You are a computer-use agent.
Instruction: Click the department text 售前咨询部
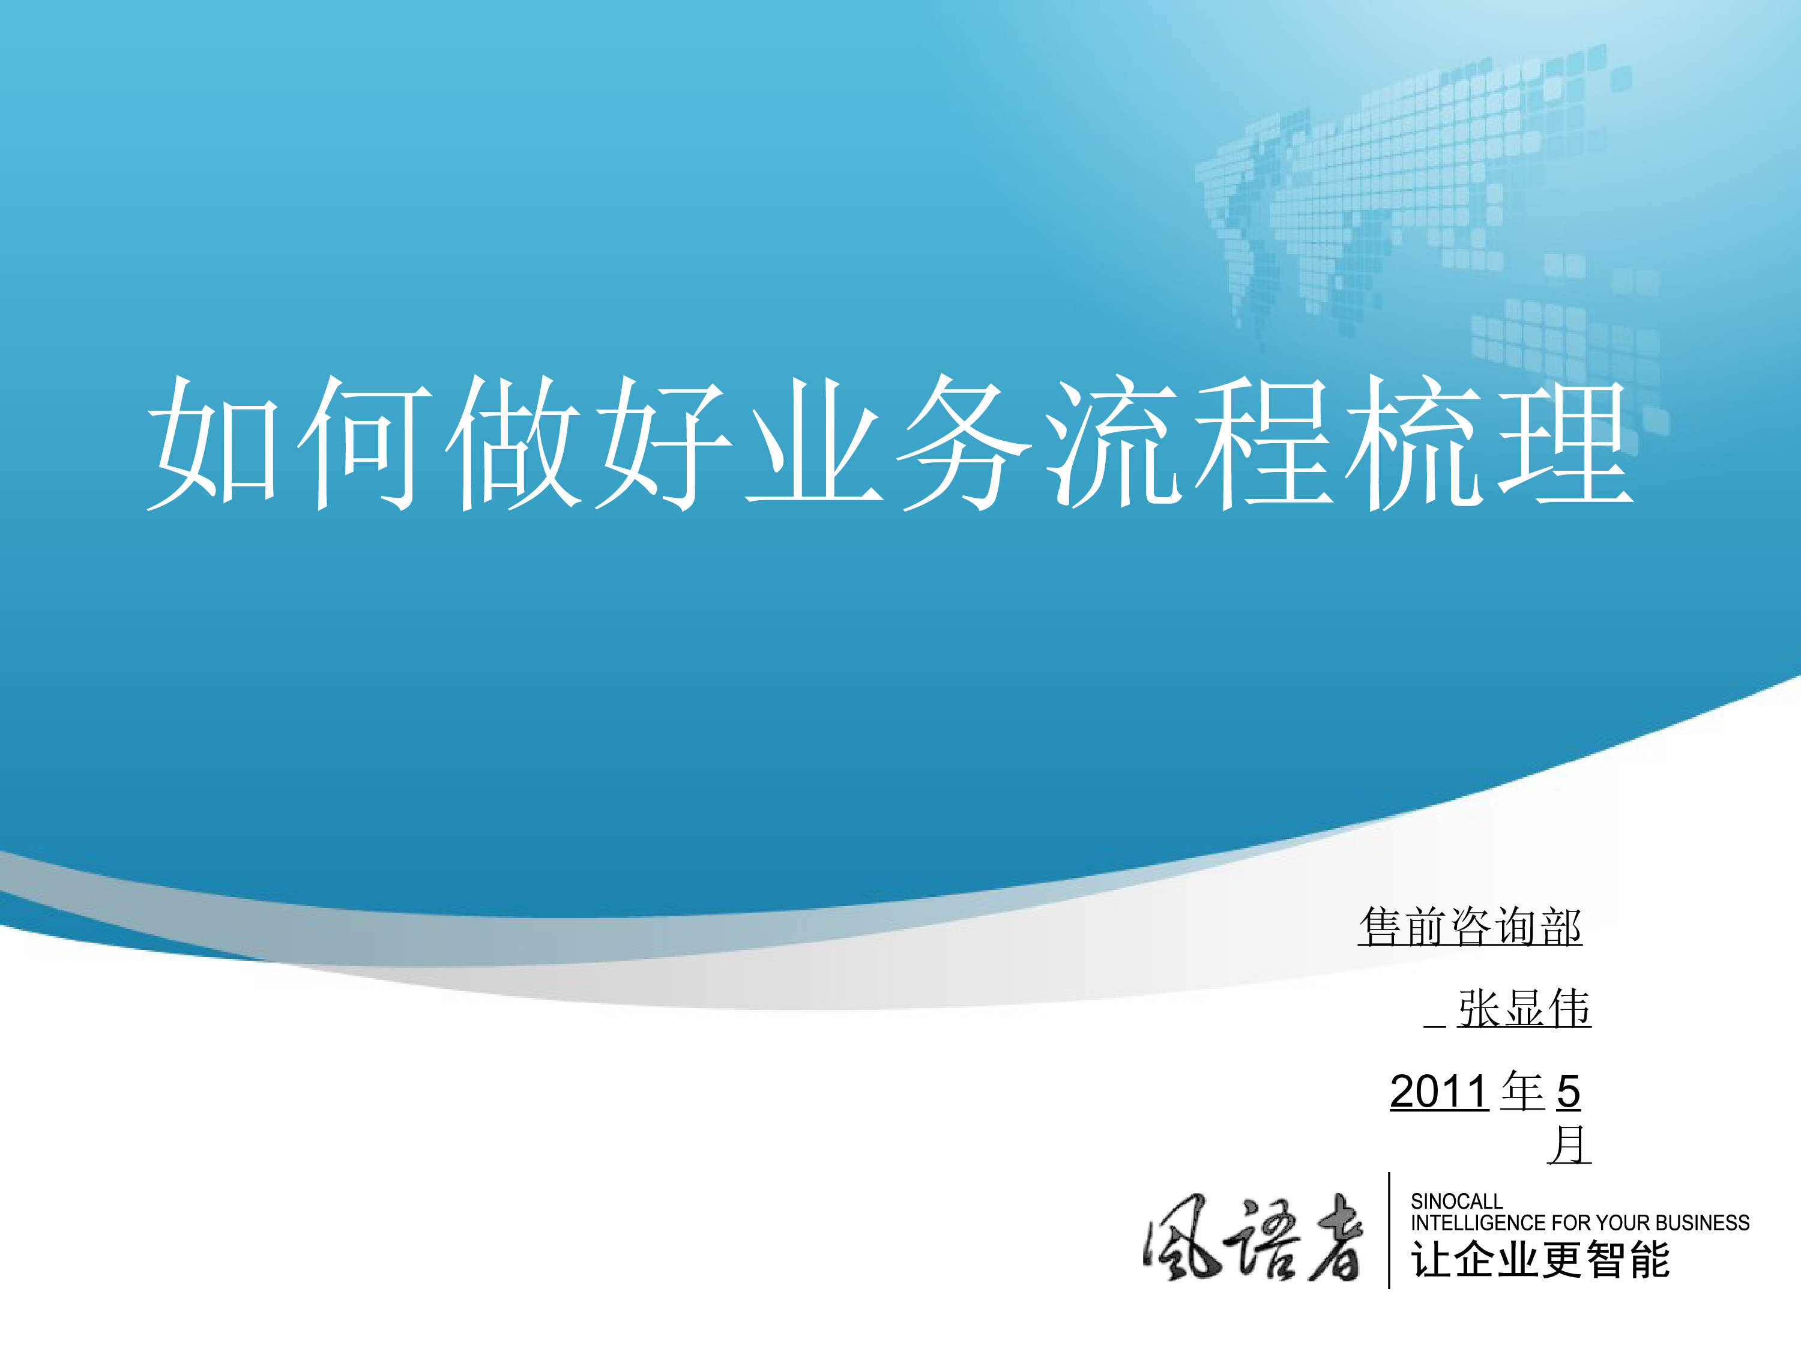[x=1470, y=926]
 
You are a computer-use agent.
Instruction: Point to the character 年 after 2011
[x=1522, y=1091]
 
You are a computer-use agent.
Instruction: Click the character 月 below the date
[x=1569, y=1145]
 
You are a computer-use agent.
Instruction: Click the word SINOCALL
[x=1456, y=1201]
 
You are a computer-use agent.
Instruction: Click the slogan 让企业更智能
[x=1540, y=1259]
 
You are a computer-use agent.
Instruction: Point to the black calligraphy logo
[x=1253, y=1238]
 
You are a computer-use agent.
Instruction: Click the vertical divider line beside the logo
[x=1389, y=1230]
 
